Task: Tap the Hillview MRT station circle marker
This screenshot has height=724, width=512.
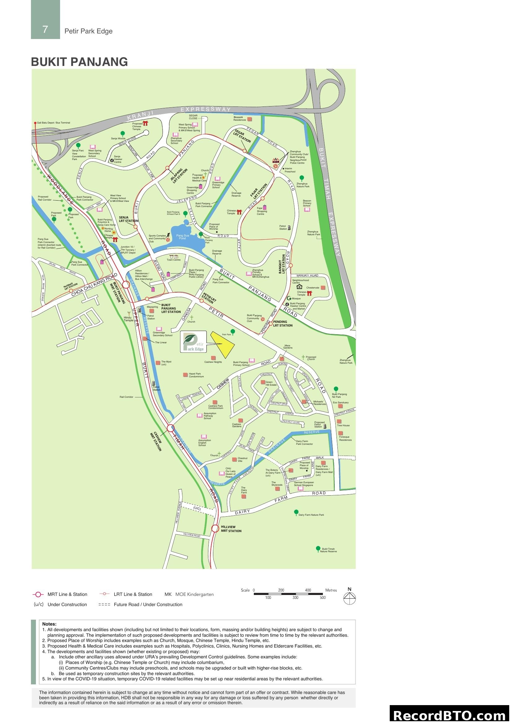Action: coord(215,528)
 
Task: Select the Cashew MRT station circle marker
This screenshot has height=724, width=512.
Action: coord(171,428)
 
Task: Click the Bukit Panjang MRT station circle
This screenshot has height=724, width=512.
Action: coord(126,284)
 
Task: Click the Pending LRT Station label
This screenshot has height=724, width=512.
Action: coord(283,323)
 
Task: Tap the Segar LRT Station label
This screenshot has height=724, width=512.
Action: coord(242,136)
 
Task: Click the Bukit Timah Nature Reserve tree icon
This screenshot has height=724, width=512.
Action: coord(318,548)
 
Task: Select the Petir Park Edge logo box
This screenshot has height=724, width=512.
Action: coord(193,341)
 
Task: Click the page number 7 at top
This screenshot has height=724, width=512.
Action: coord(45,29)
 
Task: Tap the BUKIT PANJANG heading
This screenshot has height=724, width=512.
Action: coord(79,62)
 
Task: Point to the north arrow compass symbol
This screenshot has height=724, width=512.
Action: coord(349,597)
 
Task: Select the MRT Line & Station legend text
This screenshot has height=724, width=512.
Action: coord(67,594)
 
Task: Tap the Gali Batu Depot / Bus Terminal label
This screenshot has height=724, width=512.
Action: coord(54,123)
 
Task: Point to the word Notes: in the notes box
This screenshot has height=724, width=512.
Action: coord(49,624)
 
